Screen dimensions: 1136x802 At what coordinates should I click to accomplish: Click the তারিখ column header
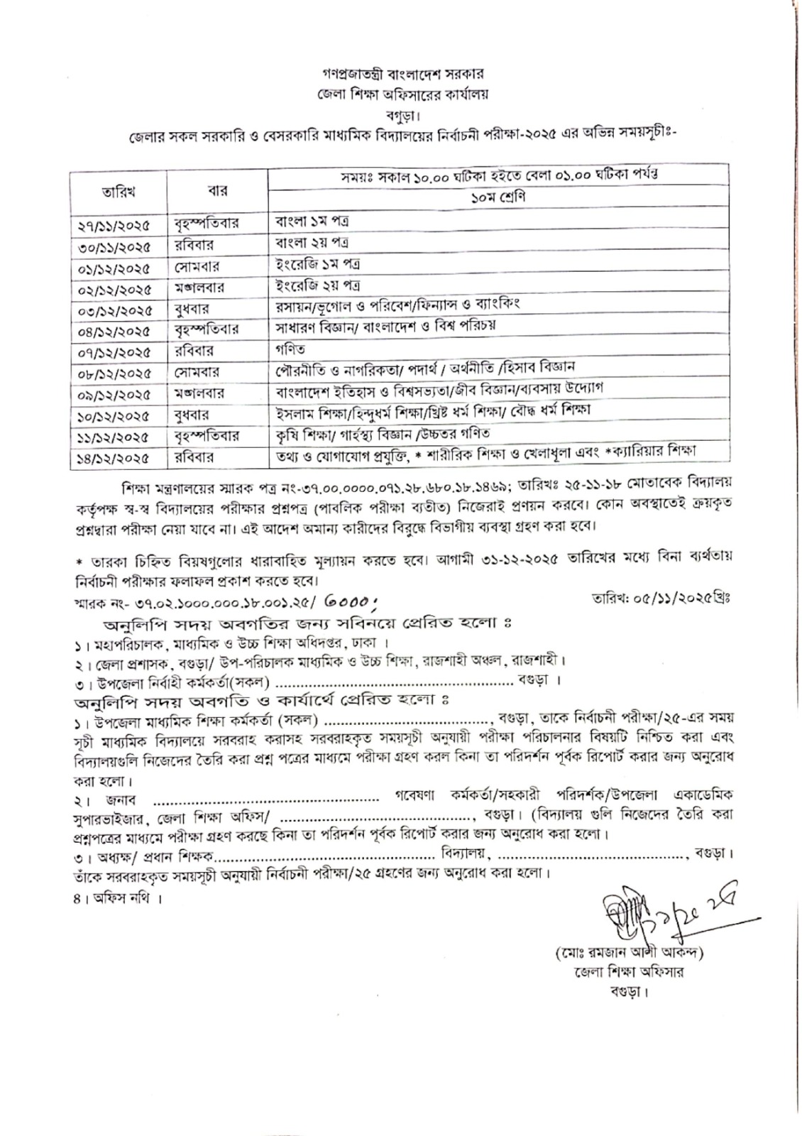pyautogui.click(x=118, y=191)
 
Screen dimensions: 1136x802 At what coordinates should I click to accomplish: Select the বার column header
pyautogui.click(x=217, y=191)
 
